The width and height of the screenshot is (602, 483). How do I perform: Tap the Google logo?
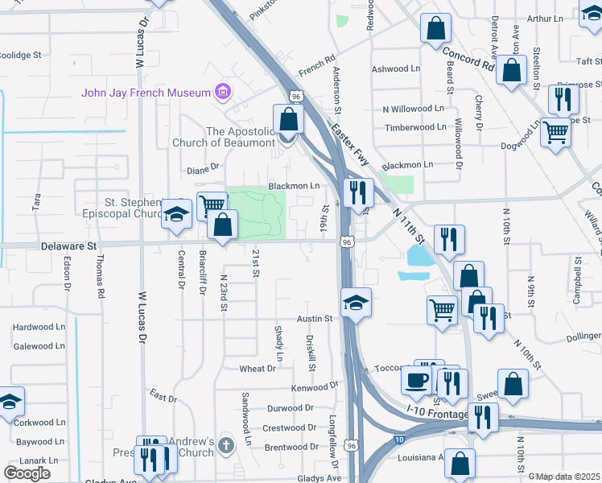click(x=27, y=473)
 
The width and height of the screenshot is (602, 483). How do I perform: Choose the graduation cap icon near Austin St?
click(x=356, y=303)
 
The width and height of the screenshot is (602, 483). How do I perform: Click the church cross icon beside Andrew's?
click(x=227, y=444)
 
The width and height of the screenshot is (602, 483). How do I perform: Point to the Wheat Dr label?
click(x=258, y=369)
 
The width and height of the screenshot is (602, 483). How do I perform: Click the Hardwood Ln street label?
click(x=39, y=328)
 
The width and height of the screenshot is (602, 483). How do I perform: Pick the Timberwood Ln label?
click(x=415, y=127)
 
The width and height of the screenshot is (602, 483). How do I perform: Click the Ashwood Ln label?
click(x=395, y=70)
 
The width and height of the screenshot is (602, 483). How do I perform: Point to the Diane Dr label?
click(x=203, y=168)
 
